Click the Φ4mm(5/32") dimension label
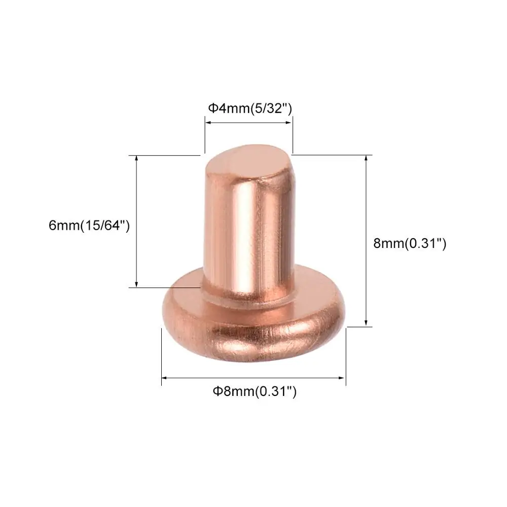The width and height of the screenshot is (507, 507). click(250, 108)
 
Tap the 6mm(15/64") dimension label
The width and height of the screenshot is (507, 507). click(89, 226)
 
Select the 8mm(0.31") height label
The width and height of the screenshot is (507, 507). click(410, 243)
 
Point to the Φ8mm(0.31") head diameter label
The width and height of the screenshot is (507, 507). click(255, 391)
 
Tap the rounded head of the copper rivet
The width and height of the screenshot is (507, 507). click(254, 323)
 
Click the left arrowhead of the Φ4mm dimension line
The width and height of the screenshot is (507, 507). click(208, 123)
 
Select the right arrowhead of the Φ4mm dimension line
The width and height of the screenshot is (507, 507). click(289, 123)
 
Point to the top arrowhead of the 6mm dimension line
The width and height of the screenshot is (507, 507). click(136, 158)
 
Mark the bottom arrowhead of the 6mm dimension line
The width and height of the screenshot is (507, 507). click(136, 284)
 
